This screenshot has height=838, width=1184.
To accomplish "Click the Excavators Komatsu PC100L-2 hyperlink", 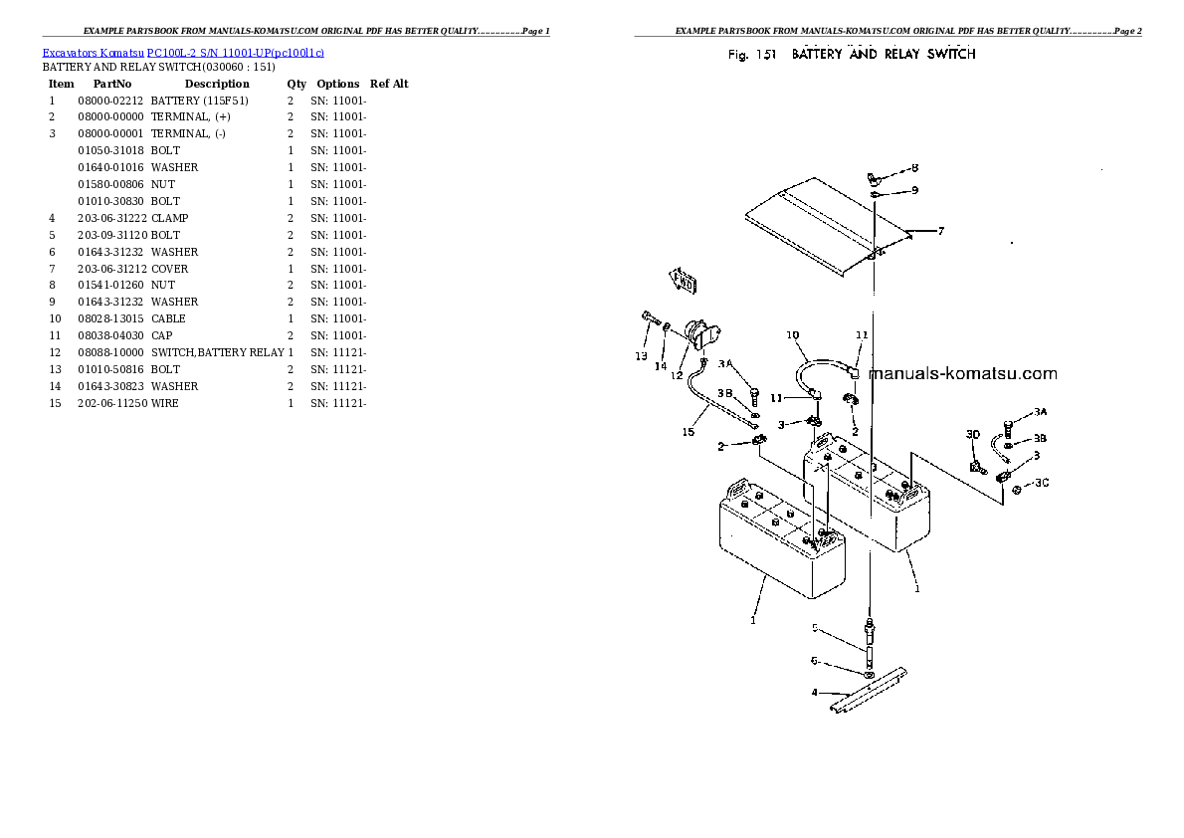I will tap(183, 52).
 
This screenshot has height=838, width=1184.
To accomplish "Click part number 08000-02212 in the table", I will tap(110, 101).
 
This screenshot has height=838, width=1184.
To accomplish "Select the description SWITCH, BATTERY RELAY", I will tap(217, 352).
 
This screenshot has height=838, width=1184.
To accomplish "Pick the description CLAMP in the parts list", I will tap(169, 218).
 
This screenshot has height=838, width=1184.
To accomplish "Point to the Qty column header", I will tap(296, 84).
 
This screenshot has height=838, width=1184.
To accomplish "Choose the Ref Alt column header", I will tap(389, 84).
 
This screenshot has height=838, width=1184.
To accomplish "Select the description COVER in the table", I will tap(169, 269).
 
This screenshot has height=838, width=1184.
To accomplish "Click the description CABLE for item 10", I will tap(168, 318).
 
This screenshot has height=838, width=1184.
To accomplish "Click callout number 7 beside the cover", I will tap(941, 231).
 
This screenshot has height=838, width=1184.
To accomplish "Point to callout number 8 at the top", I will tap(914, 168).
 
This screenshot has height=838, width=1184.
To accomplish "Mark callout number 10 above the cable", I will tap(792, 334).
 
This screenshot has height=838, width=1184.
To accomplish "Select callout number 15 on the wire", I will tap(689, 431).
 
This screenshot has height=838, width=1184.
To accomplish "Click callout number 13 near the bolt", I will tap(641, 356).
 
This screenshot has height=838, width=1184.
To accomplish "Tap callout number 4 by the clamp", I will tap(815, 692).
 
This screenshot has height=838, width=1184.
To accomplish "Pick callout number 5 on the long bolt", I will tap(815, 628).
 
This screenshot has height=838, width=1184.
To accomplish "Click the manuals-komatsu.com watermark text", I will tap(962, 374).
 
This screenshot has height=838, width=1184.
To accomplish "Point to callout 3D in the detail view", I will tap(973, 434).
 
